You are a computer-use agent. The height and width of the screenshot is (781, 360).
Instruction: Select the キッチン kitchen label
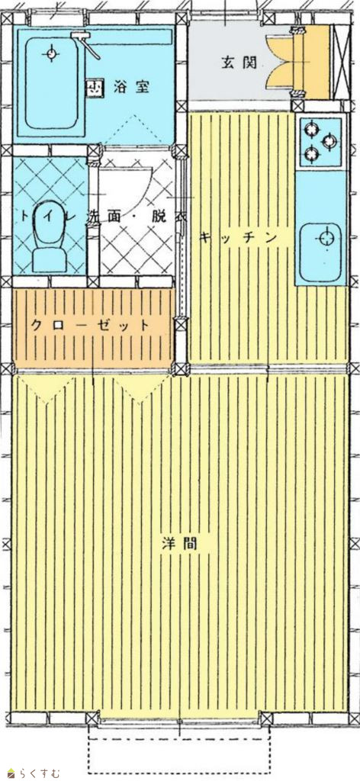click(238, 238)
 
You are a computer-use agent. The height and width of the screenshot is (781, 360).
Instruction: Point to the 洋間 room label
click(180, 543)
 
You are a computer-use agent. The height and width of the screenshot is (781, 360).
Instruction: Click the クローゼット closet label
click(90, 326)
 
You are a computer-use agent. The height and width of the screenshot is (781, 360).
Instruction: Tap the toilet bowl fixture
click(49, 236)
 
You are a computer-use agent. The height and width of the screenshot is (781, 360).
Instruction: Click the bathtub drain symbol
click(51, 53)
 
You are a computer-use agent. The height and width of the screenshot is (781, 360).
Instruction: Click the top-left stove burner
click(312, 130)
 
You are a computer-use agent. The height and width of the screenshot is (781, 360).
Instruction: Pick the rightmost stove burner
click(330, 141)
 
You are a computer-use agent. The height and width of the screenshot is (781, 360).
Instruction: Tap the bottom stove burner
click(312, 154)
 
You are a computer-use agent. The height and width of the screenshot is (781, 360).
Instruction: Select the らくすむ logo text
click(40, 773)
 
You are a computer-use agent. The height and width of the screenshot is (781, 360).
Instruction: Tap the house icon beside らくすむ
click(11, 773)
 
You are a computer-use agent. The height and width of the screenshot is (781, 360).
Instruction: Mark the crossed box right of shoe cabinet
click(341, 62)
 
